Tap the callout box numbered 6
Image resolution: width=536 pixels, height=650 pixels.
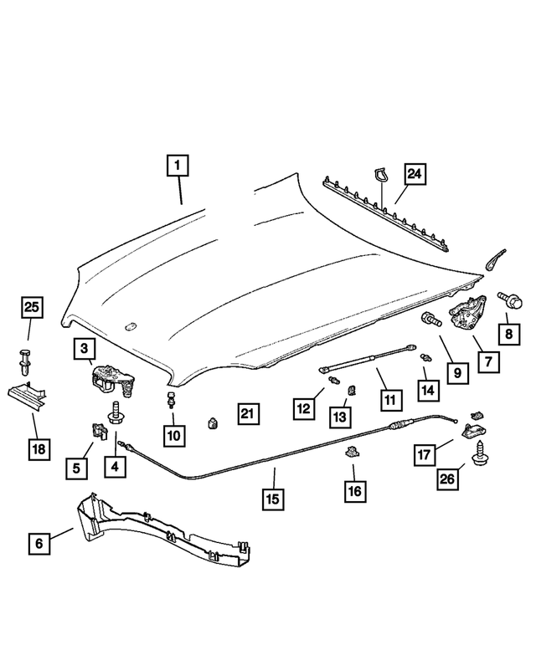pyautogui.click(x=39, y=543)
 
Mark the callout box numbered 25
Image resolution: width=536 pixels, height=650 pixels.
pyautogui.click(x=32, y=309)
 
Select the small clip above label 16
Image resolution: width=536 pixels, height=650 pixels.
pyautogui.click(x=352, y=454)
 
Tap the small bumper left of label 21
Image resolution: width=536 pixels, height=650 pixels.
pyautogui.click(x=212, y=420)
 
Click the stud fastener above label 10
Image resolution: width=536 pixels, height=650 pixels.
pyautogui.click(x=171, y=397)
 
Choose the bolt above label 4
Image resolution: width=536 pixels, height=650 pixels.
pyautogui.click(x=114, y=413)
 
